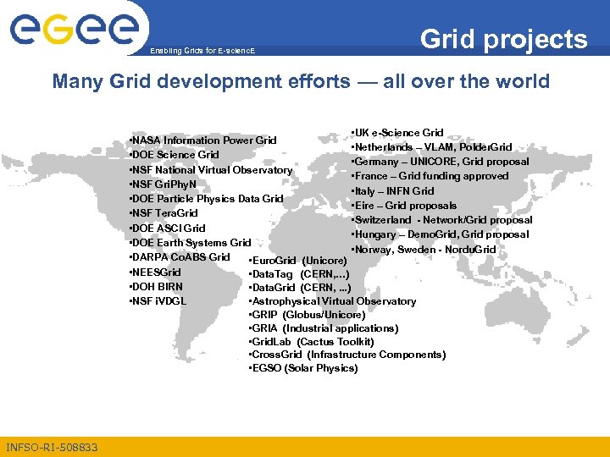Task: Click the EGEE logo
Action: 74,30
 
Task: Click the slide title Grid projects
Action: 503,39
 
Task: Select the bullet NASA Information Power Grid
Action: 202,140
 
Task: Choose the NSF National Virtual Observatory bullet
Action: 210,170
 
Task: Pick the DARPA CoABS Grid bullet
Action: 179,257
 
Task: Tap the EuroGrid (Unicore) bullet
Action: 298,261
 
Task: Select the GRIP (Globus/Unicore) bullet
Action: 307,315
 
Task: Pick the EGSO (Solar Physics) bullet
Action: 303,369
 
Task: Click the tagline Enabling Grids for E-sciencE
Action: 202,52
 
